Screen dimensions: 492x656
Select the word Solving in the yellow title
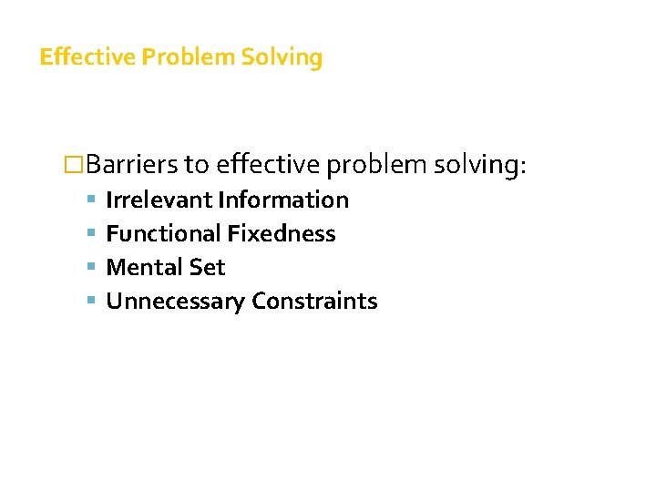click(282, 57)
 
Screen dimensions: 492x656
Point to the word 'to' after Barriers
click(196, 164)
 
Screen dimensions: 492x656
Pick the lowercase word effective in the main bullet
click(267, 164)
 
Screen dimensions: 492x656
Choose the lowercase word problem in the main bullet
click(377, 164)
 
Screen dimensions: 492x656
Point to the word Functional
click(164, 233)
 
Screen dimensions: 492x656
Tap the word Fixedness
click(282, 233)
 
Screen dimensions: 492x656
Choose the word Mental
click(146, 267)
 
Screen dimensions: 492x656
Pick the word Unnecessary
click(176, 301)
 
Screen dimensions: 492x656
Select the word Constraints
click(314, 301)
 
